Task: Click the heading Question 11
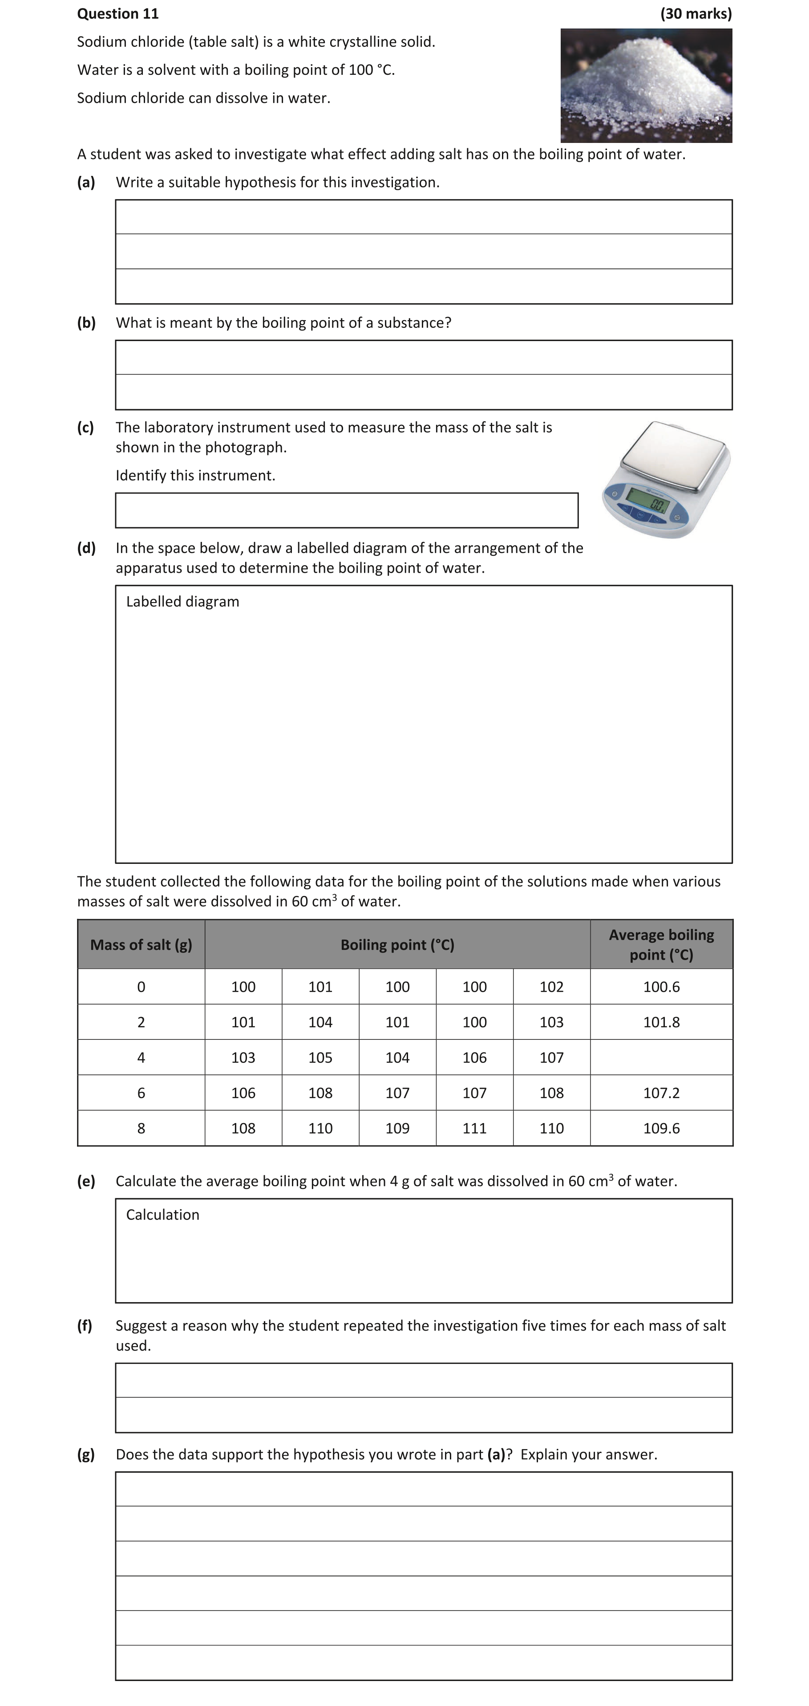118,14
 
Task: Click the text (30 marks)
696,14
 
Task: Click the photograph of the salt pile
646,86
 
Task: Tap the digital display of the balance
647,501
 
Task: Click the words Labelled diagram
183,601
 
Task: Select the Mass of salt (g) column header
141,945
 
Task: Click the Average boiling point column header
661,945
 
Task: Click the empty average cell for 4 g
661,1057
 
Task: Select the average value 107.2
661,1093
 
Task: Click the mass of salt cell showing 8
141,1128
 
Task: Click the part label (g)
86,1454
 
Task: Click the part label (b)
86,322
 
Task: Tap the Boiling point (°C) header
397,945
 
